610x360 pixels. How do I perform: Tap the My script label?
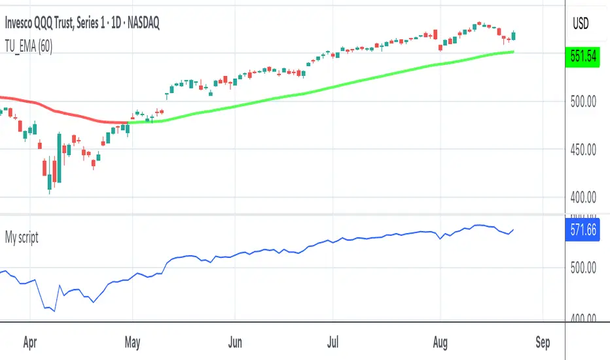tap(22, 238)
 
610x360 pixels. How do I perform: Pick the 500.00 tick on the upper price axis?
tap(581, 101)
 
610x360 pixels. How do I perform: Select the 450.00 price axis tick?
tap(581, 150)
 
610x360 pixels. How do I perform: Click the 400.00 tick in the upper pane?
tap(581, 198)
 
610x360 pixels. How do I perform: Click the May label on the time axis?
tap(133, 342)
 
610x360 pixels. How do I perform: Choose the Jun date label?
tap(236, 342)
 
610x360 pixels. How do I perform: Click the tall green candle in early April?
tap(60, 158)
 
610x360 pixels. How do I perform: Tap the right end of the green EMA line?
tap(514, 51)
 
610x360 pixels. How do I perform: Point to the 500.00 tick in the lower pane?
tap(581, 267)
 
